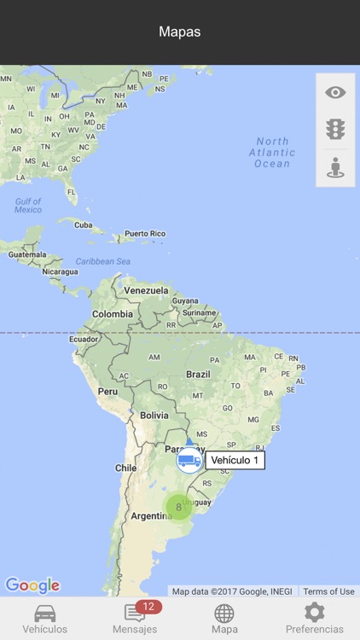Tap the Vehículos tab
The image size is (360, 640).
coord(45,620)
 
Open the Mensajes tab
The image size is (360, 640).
coord(135,620)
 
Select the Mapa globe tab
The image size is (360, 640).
coord(224,620)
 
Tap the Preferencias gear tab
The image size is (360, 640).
coord(314,620)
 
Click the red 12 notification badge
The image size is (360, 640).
coord(148,607)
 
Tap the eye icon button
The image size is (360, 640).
coord(335,93)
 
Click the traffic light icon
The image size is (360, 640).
coord(335,130)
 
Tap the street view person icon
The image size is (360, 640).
coord(335,167)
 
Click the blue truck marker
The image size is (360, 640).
coord(189,461)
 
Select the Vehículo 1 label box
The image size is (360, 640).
coord(235,461)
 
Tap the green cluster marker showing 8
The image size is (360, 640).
coord(178,507)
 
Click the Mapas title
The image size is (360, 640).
coord(180,32)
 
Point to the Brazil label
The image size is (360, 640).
coord(198,374)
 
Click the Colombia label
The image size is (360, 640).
coord(113,314)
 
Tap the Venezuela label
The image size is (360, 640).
coord(146,290)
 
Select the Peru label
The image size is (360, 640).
coord(107,392)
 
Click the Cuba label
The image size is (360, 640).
coord(83,225)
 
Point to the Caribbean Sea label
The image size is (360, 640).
coord(102,261)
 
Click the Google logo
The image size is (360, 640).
coord(32,585)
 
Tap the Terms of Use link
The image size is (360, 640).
coord(328,591)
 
